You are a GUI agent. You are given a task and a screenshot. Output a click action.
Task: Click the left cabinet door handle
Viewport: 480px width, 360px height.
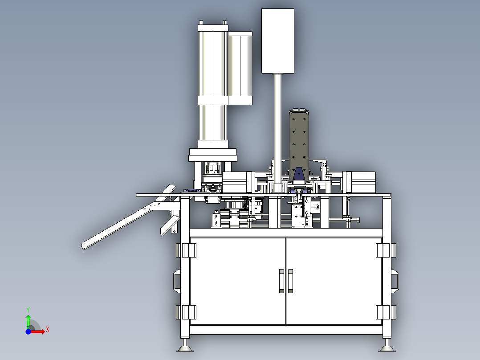281,281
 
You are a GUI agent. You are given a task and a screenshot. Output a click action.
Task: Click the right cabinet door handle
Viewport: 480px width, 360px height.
290,281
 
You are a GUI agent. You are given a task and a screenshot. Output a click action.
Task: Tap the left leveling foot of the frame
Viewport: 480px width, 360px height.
185,346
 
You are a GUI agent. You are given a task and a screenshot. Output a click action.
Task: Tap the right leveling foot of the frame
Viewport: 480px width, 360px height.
387,346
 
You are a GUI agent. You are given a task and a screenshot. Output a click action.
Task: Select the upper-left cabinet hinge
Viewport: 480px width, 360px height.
186,250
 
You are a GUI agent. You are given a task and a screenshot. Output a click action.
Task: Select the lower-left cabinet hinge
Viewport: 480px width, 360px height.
186,312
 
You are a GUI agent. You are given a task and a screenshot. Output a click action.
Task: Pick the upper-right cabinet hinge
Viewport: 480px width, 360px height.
386,250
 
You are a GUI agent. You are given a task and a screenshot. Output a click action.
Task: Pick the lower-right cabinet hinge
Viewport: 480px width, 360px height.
386,312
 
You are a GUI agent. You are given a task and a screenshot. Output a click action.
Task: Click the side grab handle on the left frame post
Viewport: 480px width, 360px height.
177,281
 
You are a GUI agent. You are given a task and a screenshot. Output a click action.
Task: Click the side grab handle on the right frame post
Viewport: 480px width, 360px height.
395,281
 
